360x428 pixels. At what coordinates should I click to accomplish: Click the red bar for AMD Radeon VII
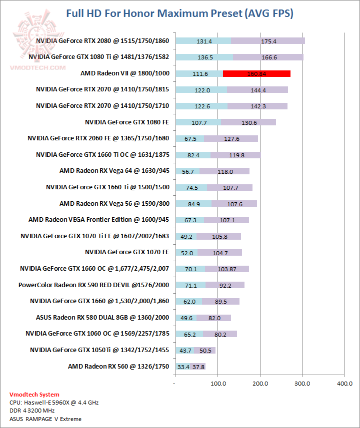tap(256, 74)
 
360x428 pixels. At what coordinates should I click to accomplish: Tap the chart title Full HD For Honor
tap(179, 13)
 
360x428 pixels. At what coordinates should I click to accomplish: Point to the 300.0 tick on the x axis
tap(302, 383)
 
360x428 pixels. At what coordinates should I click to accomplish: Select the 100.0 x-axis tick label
tap(217, 383)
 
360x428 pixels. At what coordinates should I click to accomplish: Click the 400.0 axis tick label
tap(344, 383)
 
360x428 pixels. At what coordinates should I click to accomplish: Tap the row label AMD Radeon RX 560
tap(118, 367)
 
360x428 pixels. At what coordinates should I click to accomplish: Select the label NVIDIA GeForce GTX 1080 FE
tap(127, 122)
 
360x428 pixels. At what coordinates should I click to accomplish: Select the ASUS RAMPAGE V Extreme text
tap(45, 419)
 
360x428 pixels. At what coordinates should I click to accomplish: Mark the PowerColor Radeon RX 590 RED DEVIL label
tap(93, 285)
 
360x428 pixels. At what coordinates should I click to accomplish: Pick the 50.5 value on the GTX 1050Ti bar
tap(204, 351)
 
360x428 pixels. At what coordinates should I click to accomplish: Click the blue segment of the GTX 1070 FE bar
tap(186, 253)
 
